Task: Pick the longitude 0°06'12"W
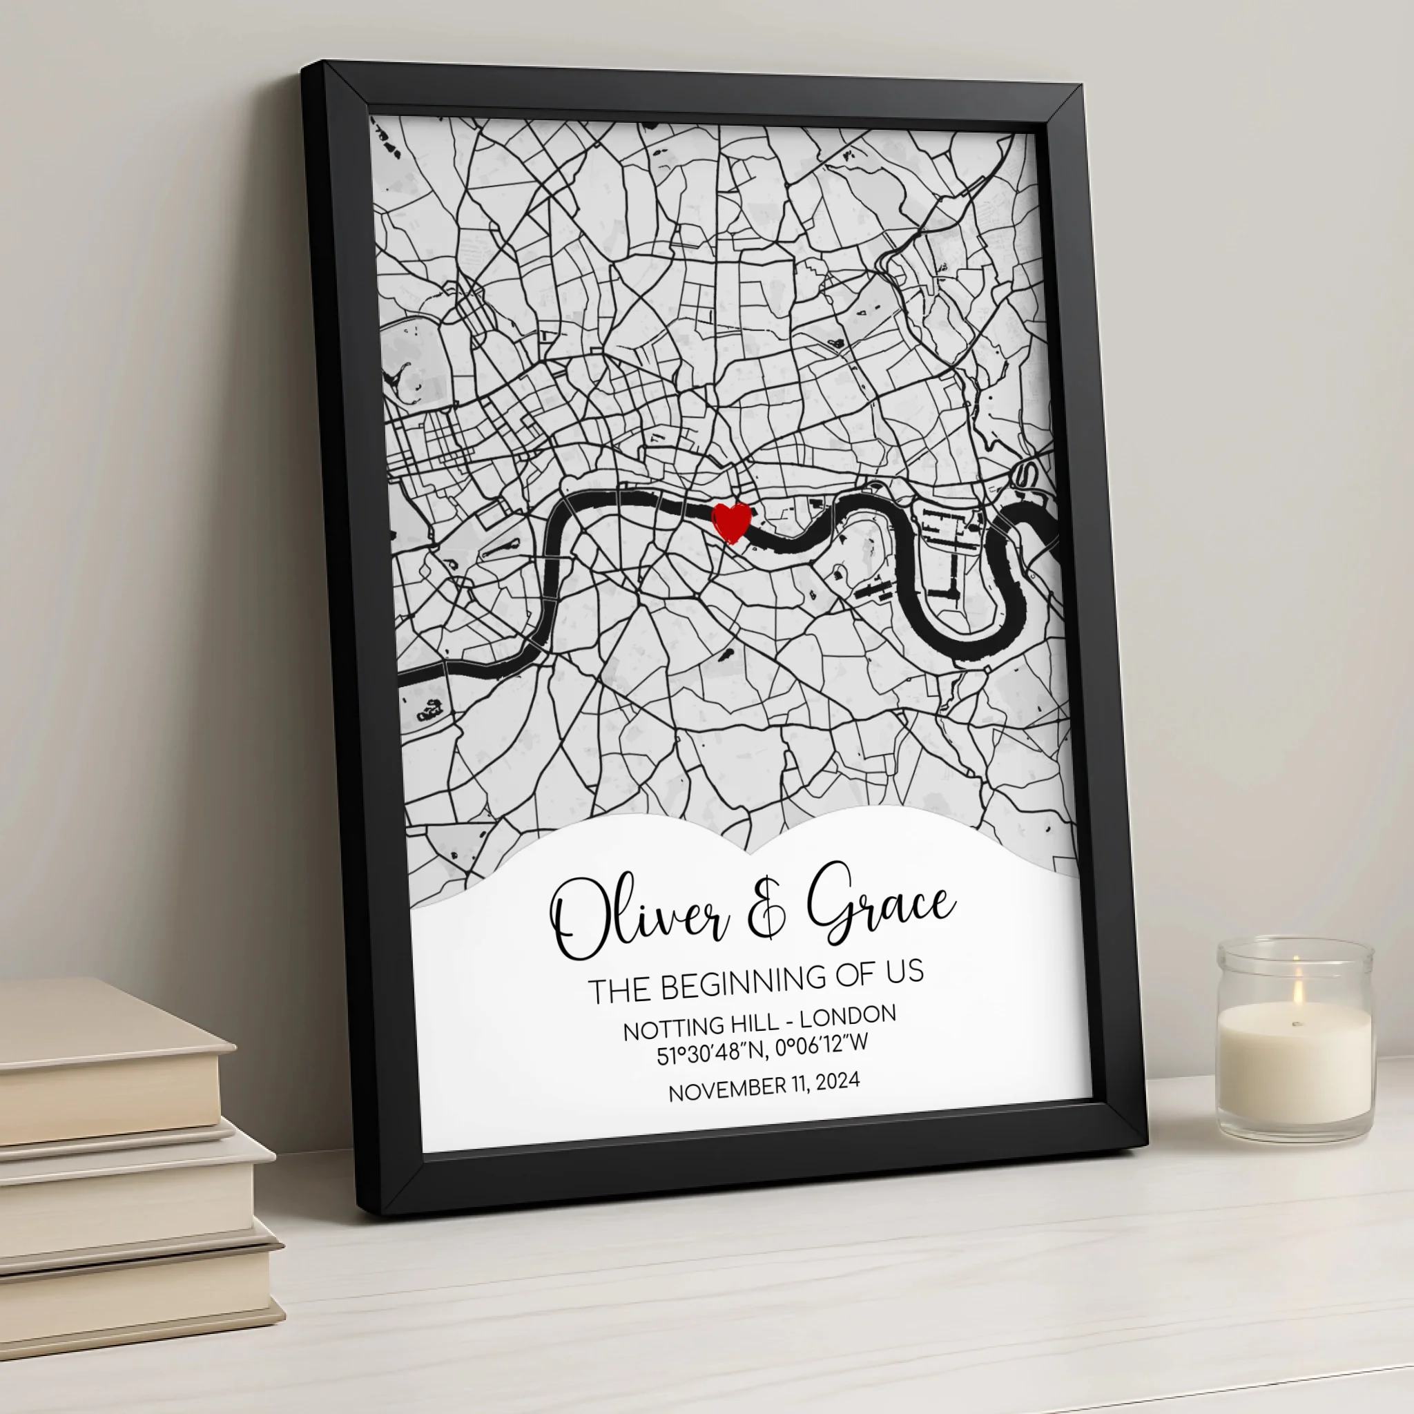tap(822, 1045)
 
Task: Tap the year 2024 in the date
tap(837, 1081)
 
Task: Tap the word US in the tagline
tap(905, 972)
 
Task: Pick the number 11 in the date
tap(800, 1084)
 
